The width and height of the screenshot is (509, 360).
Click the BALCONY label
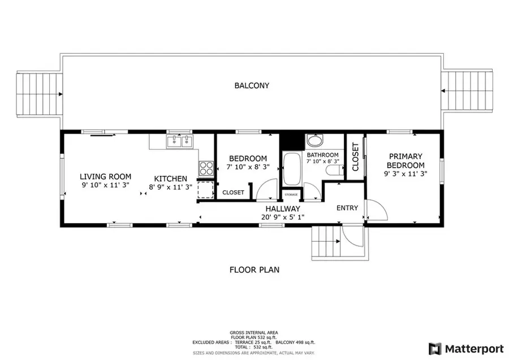pos(252,86)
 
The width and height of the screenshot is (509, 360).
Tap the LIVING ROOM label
pos(105,177)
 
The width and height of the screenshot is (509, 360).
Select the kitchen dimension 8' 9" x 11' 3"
pos(171,187)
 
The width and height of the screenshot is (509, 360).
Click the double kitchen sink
pos(180,141)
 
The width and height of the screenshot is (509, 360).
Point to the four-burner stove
pos(206,168)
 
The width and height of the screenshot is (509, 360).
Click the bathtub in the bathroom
pos(291,169)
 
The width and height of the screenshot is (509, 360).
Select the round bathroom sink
pos(314,141)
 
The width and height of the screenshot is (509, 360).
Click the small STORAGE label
pos(291,195)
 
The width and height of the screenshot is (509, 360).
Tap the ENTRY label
pos(347,208)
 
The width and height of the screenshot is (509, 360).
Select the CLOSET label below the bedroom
pos(233,192)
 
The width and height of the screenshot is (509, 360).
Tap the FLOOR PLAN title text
pos(254,270)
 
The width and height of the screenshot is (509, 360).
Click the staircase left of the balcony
pos(38,93)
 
